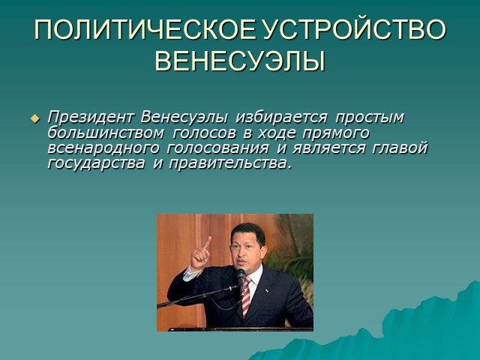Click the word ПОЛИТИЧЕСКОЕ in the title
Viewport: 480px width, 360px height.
[x=144, y=30]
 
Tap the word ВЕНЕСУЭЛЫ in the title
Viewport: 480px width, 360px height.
[x=240, y=61]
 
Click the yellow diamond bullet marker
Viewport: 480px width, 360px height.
[x=35, y=118]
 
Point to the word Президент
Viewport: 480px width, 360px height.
[x=91, y=117]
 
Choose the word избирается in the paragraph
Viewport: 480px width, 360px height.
[x=281, y=117]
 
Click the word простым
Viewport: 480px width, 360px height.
[x=370, y=118]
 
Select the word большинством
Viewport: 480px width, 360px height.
[x=105, y=133]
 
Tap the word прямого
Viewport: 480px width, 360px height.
[x=336, y=133]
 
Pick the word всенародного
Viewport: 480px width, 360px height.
[x=103, y=148]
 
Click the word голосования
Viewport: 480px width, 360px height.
[x=218, y=148]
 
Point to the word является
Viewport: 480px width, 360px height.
[x=328, y=148]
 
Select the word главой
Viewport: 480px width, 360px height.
[x=400, y=148]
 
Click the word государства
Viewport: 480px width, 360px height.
[x=96, y=163]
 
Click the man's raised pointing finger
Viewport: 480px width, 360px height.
[x=208, y=243]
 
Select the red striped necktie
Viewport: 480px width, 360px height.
[x=246, y=297]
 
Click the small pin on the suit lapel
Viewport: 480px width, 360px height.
[x=266, y=290]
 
